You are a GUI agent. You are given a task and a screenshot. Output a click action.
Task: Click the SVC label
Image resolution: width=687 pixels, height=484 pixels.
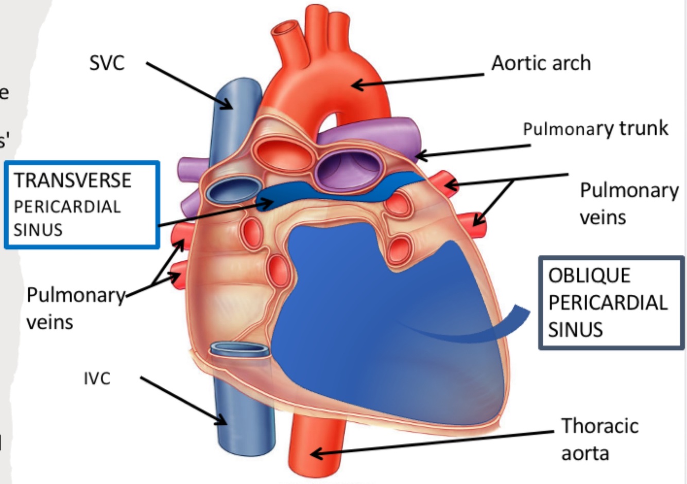pyautogui.click(x=107, y=63)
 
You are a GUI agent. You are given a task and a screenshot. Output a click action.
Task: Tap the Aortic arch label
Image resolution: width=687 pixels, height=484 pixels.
pyautogui.click(x=541, y=63)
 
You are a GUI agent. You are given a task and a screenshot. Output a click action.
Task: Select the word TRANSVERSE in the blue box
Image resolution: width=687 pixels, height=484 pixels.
pyautogui.click(x=73, y=181)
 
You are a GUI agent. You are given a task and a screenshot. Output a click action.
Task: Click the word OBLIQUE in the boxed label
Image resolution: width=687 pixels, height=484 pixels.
pyautogui.click(x=589, y=275)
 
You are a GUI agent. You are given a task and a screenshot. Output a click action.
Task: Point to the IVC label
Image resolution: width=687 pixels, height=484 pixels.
pyautogui.click(x=97, y=379)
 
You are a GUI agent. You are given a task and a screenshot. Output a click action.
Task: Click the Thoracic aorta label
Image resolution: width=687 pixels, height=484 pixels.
pyautogui.click(x=599, y=439)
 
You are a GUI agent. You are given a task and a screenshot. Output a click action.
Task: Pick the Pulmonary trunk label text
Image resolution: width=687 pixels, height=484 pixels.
pyautogui.click(x=595, y=128)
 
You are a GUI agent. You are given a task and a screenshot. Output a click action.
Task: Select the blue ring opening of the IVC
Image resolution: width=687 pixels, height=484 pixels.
pyautogui.click(x=241, y=349)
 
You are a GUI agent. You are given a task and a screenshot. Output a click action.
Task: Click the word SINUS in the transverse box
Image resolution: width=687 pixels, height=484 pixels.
pyautogui.click(x=38, y=229)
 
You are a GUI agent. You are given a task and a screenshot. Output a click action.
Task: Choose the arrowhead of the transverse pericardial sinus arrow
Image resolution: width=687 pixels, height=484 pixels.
pyautogui.click(x=269, y=203)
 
